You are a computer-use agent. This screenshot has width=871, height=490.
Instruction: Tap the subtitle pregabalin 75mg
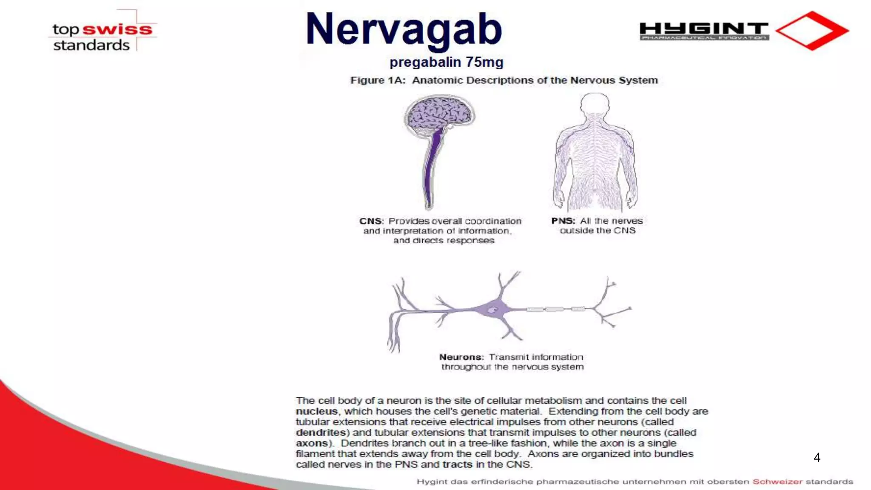point(446,62)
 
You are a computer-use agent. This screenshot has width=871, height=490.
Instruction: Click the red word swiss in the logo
point(117,29)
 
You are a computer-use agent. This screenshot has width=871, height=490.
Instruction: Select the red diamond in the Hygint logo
point(812,31)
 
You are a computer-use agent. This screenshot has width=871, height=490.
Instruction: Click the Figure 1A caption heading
point(504,80)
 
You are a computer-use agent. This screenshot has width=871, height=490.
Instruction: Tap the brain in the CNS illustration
point(439,113)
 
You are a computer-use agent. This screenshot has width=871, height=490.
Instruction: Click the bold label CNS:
point(371,221)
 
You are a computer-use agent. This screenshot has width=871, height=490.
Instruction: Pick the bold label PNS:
point(563,221)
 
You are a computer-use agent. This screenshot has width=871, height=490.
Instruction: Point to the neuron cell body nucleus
point(492,310)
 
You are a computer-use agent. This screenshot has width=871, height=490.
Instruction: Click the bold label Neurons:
point(461,357)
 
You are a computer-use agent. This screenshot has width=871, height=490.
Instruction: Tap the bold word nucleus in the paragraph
point(317,412)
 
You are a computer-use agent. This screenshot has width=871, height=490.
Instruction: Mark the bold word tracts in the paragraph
point(457,465)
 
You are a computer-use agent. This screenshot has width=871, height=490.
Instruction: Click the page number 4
point(817,458)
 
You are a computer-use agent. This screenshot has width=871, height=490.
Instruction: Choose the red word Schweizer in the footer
point(777,482)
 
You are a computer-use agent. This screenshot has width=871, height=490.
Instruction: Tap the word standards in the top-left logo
point(91,45)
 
